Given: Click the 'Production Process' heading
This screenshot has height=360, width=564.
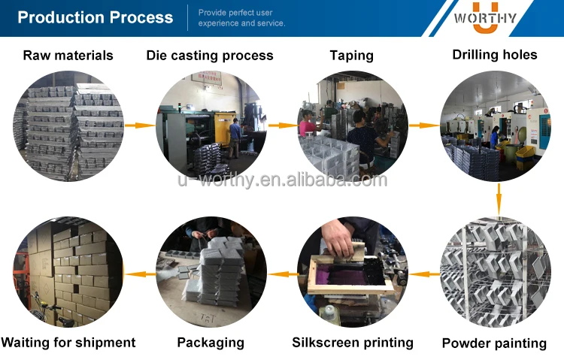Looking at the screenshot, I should pos(96,17).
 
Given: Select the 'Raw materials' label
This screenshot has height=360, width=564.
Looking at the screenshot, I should pos(68,56).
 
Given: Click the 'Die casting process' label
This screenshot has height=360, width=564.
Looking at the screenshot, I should pos(210,56).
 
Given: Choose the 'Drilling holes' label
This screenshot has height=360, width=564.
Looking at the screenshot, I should pos(495,55).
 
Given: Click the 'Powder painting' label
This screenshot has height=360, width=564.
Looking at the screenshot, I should pos(494,343).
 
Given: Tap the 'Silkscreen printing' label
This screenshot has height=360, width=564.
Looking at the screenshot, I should pos(353,343).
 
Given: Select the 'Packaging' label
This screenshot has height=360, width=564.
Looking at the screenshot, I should pos(211,343).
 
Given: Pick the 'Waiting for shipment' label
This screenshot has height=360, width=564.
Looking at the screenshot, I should pos(68,343).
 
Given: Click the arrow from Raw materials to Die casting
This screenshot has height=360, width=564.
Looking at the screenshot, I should pos(136,126).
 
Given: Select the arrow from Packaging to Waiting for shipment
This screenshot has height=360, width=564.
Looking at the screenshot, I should pos(136,274).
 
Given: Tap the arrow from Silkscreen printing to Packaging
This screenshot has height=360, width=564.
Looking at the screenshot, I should pos(279,274).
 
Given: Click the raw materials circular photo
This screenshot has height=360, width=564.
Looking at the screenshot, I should pos(68,126).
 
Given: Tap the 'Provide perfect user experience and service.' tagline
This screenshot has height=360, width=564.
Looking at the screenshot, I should pos(241,18).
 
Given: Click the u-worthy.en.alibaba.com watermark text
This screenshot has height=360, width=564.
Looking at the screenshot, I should pos(282,180).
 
